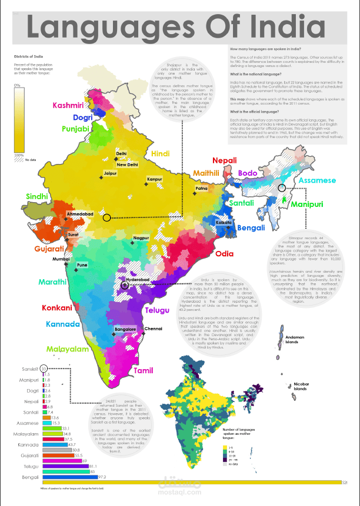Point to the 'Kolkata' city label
pyautogui.click(x=224, y=224)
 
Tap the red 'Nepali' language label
pyautogui.click(x=225, y=160)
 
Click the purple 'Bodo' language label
pyautogui.click(x=248, y=173)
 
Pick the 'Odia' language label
pyautogui.click(x=224, y=254)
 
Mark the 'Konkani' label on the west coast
pyautogui.click(x=56, y=307)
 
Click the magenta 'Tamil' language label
pyautogui.click(x=143, y=371)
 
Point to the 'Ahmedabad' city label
pyautogui.click(x=79, y=215)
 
